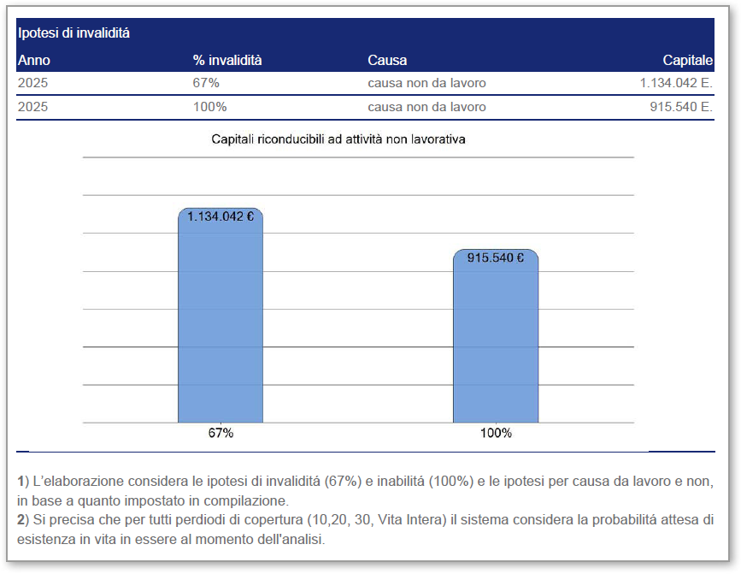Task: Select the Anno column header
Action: point(34,60)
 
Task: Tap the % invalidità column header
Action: point(227,60)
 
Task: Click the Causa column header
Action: point(387,60)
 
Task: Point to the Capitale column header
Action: point(687,60)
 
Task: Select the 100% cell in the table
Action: point(209,107)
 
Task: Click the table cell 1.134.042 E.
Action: point(675,83)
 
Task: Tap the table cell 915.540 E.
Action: point(681,107)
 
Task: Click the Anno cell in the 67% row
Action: point(33,83)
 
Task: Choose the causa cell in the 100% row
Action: point(426,107)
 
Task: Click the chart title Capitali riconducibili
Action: point(338,139)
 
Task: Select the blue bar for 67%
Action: point(221,325)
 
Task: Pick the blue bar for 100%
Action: point(496,342)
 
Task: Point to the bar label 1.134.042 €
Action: point(221,216)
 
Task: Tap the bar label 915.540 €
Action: point(496,257)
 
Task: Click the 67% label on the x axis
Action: point(221,433)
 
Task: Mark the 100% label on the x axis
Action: point(496,433)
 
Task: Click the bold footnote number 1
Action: point(20,482)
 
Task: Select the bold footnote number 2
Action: point(20,519)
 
